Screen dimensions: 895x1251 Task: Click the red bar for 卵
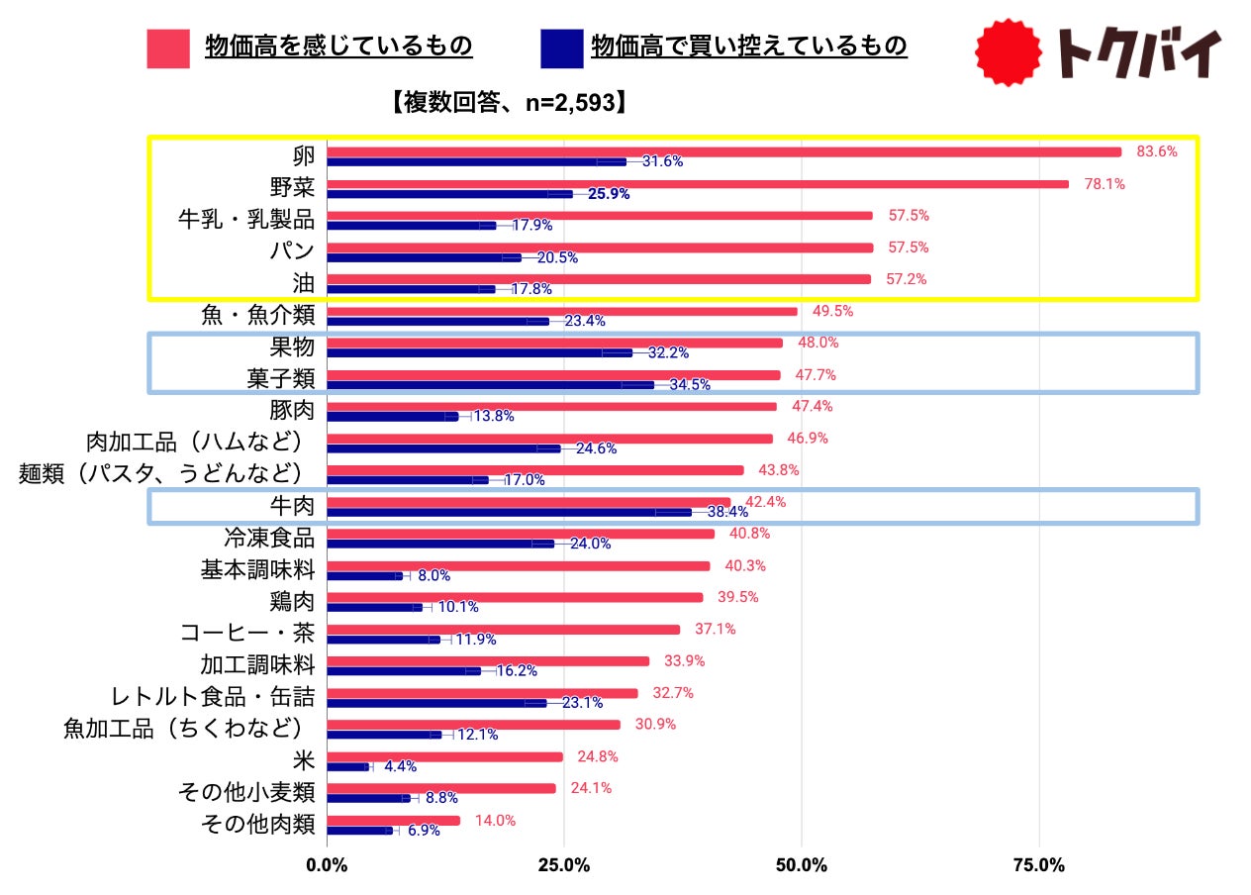coord(723,151)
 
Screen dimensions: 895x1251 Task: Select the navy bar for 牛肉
coord(509,512)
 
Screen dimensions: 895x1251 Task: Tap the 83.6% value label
coord(1157,151)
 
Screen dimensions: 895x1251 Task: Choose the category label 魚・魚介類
coord(257,316)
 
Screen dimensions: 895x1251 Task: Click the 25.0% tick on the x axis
coord(564,865)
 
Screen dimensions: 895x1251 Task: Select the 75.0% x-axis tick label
coord(1039,865)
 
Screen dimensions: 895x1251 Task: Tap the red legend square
coord(168,49)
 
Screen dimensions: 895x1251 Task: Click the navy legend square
coord(561,49)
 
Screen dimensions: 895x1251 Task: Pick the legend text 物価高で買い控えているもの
coord(748,47)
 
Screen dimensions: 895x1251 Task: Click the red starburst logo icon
coord(1009,52)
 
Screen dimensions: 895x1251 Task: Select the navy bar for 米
coord(347,766)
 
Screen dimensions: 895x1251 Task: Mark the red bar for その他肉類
coord(393,820)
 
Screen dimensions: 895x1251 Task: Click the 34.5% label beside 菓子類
coord(690,385)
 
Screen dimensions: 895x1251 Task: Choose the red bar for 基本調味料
coord(518,565)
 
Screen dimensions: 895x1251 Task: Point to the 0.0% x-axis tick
coord(327,865)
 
